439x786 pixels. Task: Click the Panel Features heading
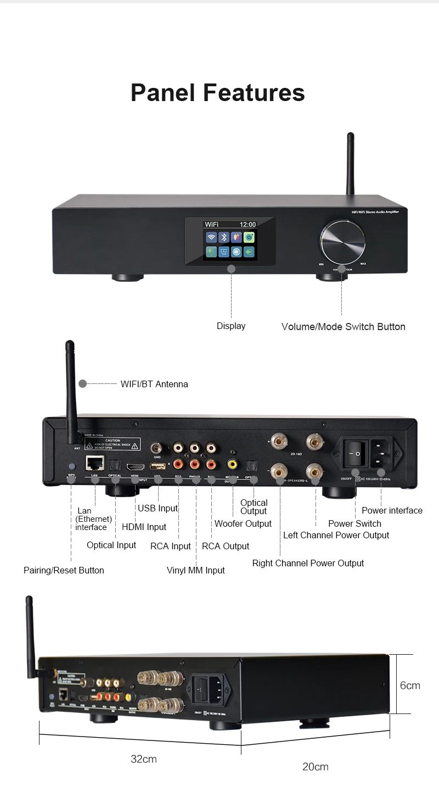218,92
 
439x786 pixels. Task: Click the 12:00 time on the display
247,224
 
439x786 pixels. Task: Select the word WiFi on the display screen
211,224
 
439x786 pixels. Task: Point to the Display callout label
231,326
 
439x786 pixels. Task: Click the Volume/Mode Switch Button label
343,327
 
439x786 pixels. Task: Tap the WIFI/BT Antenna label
154,384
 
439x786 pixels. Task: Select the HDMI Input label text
144,527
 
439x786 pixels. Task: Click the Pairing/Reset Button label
64,570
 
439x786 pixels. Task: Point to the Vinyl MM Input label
195,570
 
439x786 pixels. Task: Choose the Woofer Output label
243,523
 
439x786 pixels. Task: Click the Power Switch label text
354,523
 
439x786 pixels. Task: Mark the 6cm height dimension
410,685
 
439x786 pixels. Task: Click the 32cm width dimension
144,759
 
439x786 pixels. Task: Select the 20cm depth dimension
316,766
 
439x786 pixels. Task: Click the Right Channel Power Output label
308,563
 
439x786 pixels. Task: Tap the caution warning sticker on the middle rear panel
112,443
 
